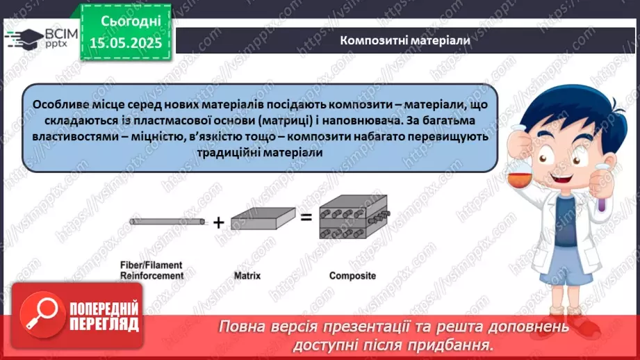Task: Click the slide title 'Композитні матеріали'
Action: click(405, 40)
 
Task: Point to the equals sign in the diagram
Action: click(306, 218)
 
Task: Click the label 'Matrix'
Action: click(247, 276)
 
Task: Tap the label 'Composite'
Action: click(352, 276)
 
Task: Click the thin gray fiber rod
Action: click(167, 222)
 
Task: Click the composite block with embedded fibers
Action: click(352, 222)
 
